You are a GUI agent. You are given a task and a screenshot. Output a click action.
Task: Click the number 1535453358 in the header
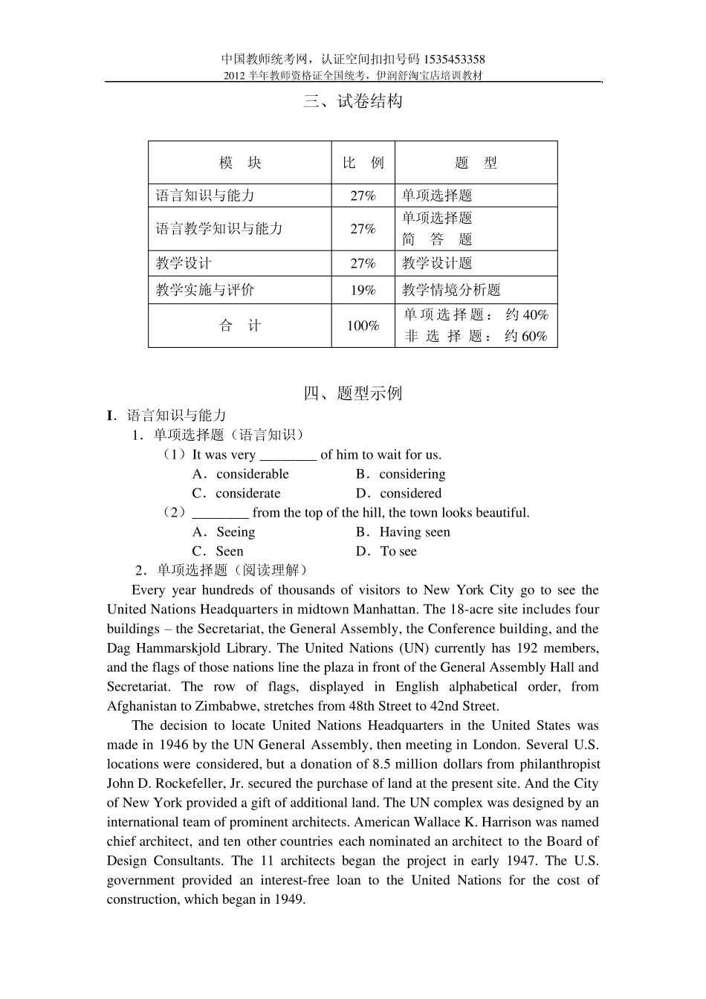pyautogui.click(x=454, y=59)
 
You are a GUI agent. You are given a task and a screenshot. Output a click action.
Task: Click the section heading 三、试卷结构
pyautogui.click(x=353, y=102)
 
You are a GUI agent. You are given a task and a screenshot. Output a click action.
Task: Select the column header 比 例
pyautogui.click(x=363, y=163)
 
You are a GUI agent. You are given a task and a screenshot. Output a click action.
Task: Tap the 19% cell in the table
pyautogui.click(x=363, y=291)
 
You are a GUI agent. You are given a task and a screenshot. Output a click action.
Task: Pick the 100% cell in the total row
pyautogui.click(x=363, y=326)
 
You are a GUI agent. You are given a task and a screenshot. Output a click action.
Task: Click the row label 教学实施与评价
pyautogui.click(x=204, y=291)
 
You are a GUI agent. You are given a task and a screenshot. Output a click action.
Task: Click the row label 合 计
pyautogui.click(x=239, y=326)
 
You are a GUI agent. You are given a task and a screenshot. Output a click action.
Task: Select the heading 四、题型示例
pyautogui.click(x=353, y=393)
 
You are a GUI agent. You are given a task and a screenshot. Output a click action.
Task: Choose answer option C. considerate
pyautogui.click(x=236, y=494)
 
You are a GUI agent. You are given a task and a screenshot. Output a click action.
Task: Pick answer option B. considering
pyautogui.click(x=401, y=474)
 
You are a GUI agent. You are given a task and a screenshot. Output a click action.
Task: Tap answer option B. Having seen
pyautogui.click(x=403, y=532)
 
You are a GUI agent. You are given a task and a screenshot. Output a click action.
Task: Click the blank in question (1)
pyautogui.click(x=288, y=455)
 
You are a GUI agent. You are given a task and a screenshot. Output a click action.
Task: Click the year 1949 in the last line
pyautogui.click(x=289, y=899)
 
